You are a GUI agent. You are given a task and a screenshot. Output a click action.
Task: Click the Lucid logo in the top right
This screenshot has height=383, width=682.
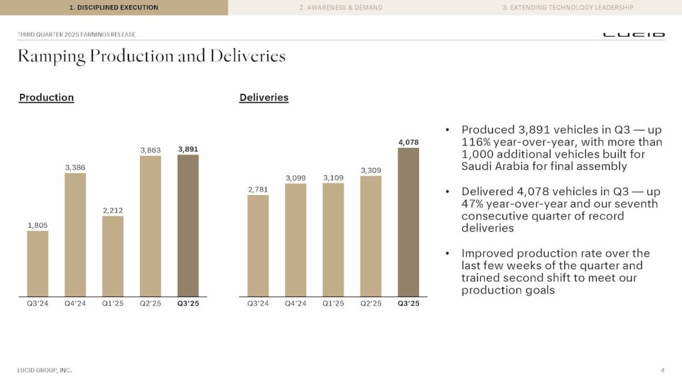pos(633,34)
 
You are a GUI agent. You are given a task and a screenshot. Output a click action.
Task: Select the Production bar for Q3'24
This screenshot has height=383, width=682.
pos(37,263)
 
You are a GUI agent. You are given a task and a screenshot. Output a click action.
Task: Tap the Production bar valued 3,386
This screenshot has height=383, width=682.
pos(75,234)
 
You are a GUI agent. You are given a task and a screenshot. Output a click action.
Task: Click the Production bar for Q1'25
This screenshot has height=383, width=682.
pos(113,256)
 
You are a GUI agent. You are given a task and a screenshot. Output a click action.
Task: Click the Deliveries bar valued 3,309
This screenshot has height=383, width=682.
pos(371,236)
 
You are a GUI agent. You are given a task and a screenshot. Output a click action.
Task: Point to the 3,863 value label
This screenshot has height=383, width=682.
pos(151,151)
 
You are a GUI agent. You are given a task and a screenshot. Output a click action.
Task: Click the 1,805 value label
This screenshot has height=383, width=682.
pos(37,226)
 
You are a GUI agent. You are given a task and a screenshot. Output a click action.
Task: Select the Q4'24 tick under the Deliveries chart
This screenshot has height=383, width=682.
pos(296,304)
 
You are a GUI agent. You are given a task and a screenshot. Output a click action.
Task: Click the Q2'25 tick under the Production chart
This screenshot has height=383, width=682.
pos(151,304)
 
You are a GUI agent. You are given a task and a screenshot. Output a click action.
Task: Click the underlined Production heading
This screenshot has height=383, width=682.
pos(47,98)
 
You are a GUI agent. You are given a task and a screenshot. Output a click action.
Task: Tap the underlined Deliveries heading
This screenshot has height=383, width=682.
pos(264,98)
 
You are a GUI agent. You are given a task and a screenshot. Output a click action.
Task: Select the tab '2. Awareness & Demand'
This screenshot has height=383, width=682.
pos(340,7)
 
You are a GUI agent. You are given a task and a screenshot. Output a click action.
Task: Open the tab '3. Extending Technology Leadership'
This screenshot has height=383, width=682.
pos(567,7)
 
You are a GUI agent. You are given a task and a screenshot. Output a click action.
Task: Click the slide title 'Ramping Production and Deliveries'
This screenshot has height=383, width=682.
pos(152,57)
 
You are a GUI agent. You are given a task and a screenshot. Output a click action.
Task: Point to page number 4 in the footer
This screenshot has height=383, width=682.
pos(663,370)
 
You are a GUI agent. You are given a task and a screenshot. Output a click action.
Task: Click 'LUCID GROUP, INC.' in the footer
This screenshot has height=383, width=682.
pos(45,370)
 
